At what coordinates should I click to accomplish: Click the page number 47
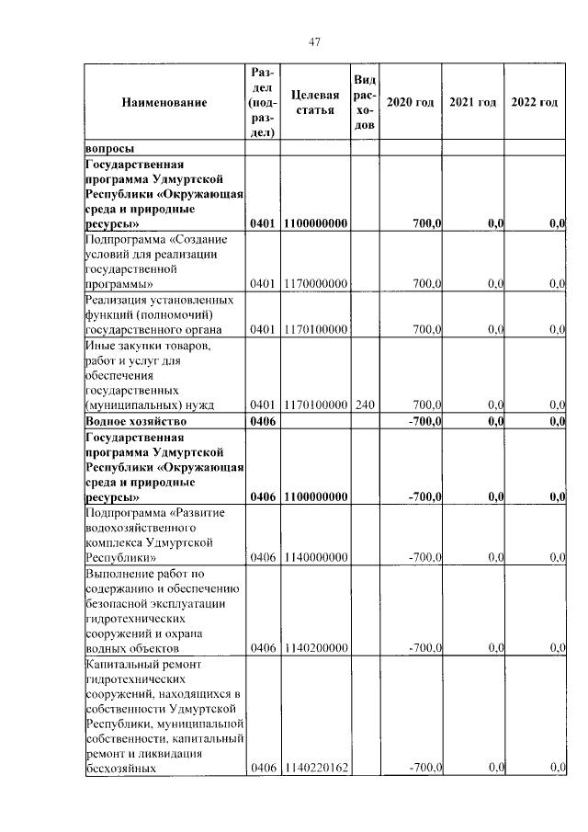(x=313, y=41)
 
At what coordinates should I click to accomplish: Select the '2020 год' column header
(x=410, y=102)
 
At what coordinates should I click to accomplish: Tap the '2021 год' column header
(x=472, y=102)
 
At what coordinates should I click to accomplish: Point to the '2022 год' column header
(x=534, y=102)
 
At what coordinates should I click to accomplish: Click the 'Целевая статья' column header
(x=315, y=102)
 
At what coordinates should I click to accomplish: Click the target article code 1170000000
(x=315, y=284)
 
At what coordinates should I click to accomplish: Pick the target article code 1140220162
(x=315, y=768)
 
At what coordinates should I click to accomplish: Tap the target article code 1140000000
(x=315, y=557)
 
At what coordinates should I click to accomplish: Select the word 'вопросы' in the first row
(x=109, y=148)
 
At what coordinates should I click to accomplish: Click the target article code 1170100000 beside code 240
(x=315, y=405)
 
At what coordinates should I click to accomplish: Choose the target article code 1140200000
(x=315, y=647)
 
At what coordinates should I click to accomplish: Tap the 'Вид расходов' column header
(x=364, y=102)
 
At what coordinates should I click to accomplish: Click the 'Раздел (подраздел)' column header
(x=263, y=102)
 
